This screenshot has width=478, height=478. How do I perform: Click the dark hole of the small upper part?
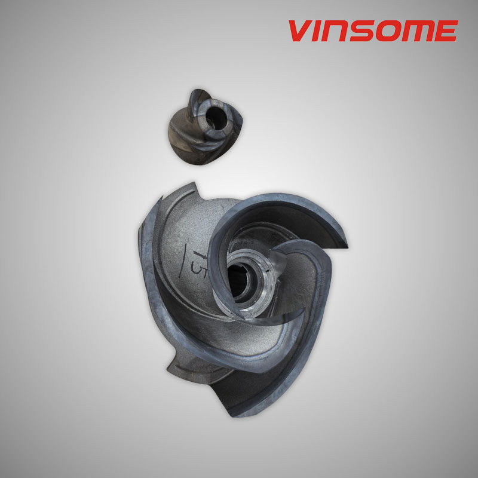pos(216,117)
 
